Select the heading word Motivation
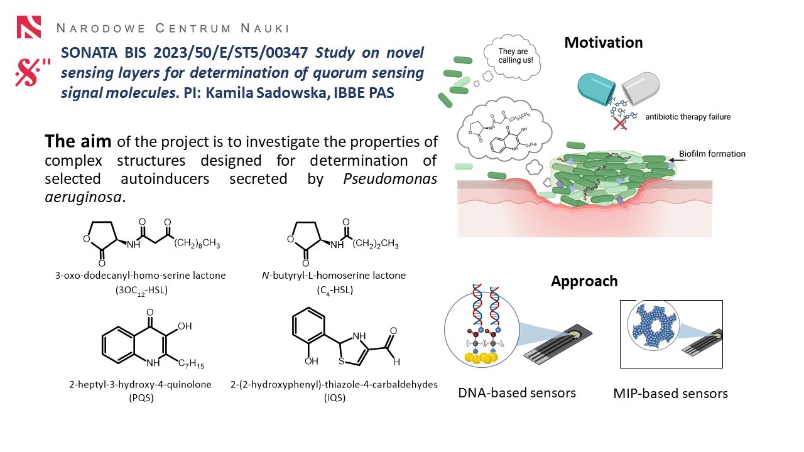click(603, 43)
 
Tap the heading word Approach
click(584, 281)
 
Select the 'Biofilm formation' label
click(712, 154)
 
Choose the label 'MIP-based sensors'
click(670, 394)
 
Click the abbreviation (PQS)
click(149, 397)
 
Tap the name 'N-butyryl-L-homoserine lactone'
click(334, 276)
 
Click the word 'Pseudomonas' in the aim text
click(390, 179)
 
